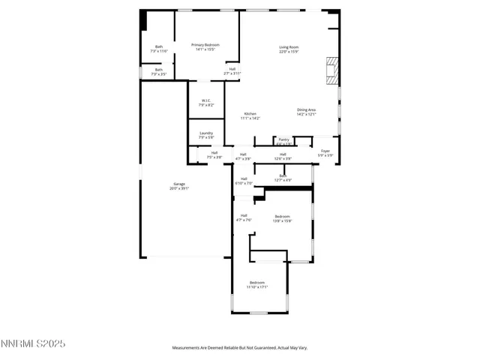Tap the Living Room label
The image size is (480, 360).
click(x=289, y=49)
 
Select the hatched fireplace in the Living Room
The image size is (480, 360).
click(x=331, y=70)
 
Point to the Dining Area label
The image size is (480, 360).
click(x=307, y=112)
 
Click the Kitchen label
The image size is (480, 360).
click(x=250, y=115)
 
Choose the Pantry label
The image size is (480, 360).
click(x=283, y=141)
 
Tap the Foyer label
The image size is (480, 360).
click(x=325, y=153)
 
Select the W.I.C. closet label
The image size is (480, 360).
click(x=206, y=103)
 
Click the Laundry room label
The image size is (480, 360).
click(x=206, y=135)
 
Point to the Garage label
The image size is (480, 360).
click(x=179, y=186)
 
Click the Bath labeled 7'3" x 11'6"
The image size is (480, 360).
click(x=159, y=49)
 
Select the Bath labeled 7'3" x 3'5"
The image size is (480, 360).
click(x=158, y=73)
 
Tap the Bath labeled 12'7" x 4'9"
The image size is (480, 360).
click(x=283, y=178)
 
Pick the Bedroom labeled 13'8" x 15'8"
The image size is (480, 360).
click(x=282, y=218)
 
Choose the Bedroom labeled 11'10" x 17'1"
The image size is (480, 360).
click(x=257, y=284)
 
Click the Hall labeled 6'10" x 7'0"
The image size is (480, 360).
click(x=244, y=181)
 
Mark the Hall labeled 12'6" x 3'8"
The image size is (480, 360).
click(x=283, y=156)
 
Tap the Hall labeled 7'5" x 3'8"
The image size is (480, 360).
click(x=214, y=155)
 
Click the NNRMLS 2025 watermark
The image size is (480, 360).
click(x=33, y=344)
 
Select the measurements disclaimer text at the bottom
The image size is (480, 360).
click(x=240, y=348)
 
